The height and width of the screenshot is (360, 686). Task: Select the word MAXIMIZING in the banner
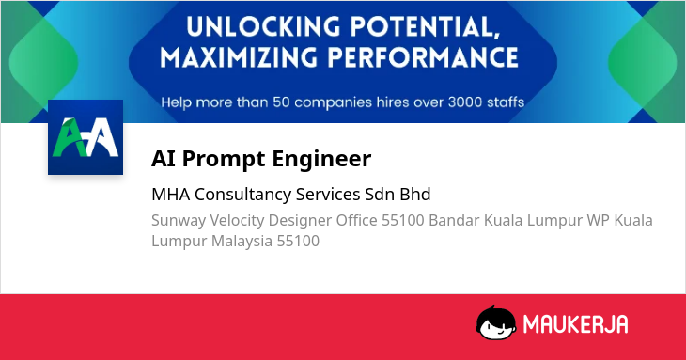[238, 57]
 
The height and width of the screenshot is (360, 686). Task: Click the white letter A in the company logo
[102, 138]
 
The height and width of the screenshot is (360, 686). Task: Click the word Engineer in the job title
[321, 159]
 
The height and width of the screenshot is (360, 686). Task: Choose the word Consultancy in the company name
[242, 196]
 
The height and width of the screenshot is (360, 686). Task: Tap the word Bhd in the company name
[415, 194]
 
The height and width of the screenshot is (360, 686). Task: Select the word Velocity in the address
[237, 221]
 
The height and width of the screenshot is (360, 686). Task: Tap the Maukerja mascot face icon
[495, 323]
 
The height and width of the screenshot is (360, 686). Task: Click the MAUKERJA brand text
[576, 324]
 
